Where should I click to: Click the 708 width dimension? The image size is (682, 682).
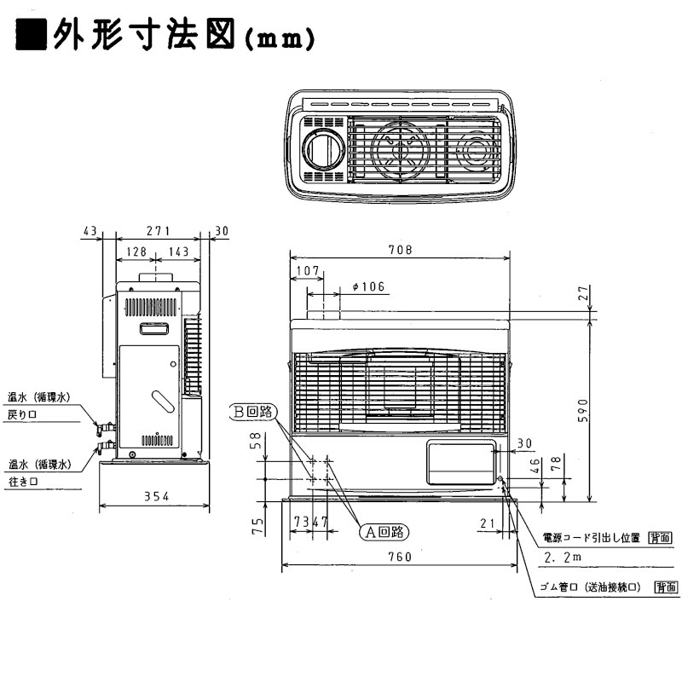tap(399, 250)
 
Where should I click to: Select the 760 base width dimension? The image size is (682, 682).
tap(398, 557)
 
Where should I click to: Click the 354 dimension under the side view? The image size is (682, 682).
tap(154, 496)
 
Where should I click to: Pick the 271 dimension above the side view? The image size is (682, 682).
tap(158, 231)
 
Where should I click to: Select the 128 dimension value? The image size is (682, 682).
tap(136, 251)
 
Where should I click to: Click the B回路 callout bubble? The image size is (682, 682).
tap(252, 411)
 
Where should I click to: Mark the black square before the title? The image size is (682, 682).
tap(32, 37)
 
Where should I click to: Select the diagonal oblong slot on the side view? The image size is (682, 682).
tap(160, 400)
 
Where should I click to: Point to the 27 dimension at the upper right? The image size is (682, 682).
tap(583, 292)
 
